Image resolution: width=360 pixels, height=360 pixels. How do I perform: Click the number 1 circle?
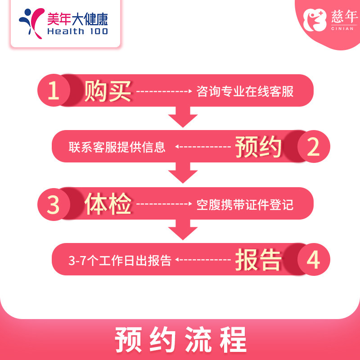54,90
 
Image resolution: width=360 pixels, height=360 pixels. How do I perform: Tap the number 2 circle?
313,147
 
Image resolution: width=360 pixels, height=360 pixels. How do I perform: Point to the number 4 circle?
313,260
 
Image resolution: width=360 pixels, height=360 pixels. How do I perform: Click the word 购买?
108,90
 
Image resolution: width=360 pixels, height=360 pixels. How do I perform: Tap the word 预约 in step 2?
258,147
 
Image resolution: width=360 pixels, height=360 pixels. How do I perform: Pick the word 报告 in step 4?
258,260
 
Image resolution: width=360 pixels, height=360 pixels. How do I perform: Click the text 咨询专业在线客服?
245,92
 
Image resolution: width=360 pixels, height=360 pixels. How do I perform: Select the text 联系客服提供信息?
117,148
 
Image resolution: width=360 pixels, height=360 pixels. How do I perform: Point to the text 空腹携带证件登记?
245,205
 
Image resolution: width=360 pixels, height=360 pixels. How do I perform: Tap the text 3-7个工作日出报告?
120,261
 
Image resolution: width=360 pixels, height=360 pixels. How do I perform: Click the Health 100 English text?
77,31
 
